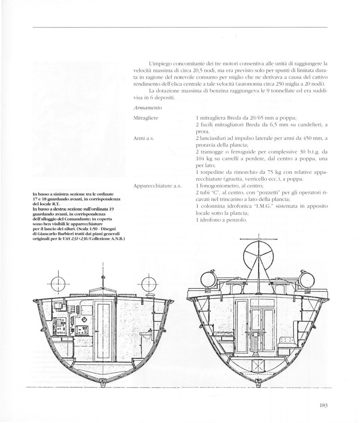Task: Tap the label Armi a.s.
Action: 143,138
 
